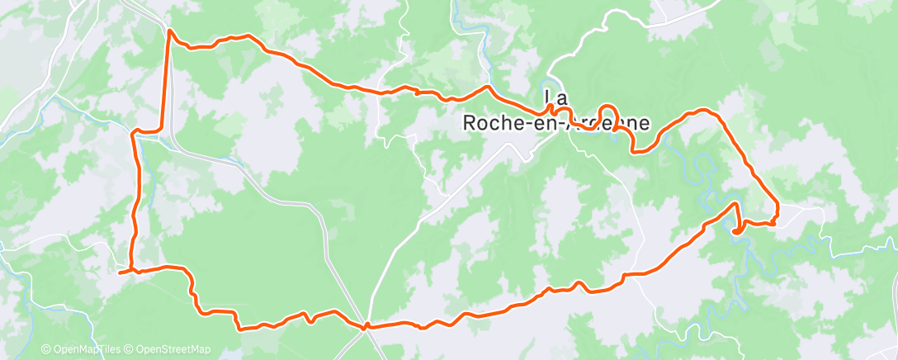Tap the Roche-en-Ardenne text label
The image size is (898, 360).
click(x=555, y=122)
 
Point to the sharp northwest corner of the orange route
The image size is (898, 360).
click(x=169, y=31)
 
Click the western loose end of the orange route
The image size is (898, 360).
click(x=121, y=272)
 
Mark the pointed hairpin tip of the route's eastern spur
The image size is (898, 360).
click(x=736, y=203)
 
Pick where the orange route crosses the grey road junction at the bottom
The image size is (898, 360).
click(x=364, y=325)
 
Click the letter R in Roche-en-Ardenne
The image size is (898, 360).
click(x=466, y=122)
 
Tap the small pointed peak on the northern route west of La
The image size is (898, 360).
click(x=488, y=87)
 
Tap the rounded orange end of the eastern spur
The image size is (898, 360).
click(x=735, y=231)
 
